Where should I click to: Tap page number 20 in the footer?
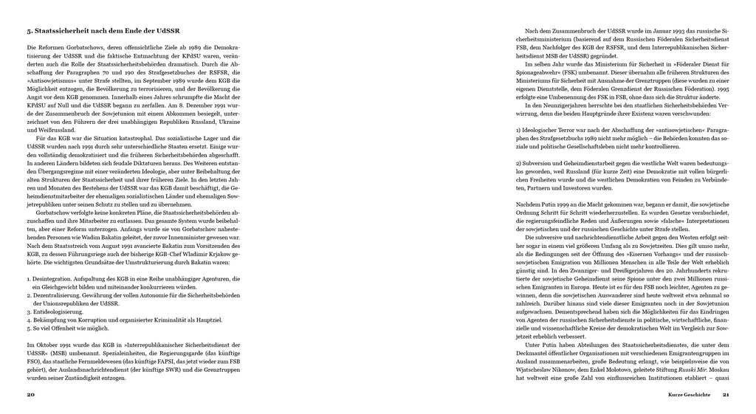tap(30, 395)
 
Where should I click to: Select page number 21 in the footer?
tap(726, 395)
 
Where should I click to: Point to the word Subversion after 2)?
tap(541, 162)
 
